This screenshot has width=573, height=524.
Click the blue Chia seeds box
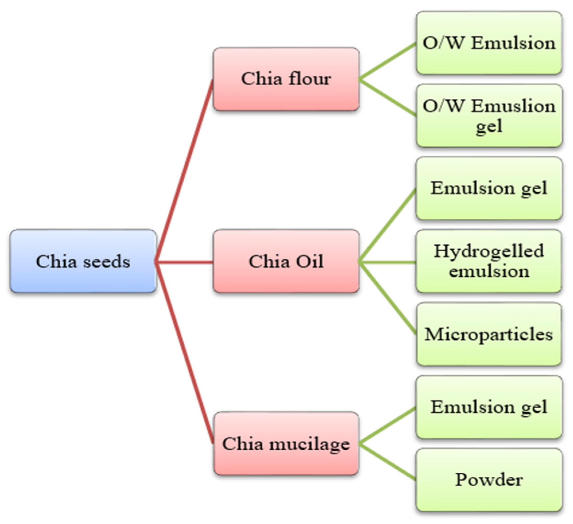83,261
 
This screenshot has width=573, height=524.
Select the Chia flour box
286,79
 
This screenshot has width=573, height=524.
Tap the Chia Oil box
286,261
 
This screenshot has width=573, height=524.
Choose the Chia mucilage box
286,444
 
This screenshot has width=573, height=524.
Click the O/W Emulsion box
489,43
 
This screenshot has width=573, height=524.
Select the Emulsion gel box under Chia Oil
489,189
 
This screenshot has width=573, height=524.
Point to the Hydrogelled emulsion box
489,261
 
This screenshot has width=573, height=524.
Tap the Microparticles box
489,334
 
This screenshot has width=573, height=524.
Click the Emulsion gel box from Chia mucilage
489,407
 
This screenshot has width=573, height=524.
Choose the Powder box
489,480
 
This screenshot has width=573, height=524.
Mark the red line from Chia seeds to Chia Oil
184,262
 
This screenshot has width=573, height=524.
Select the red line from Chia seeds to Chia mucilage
184,352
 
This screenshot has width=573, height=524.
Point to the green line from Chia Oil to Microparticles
387,298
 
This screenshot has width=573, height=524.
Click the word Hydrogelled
489,251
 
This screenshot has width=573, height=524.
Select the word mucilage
310,444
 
